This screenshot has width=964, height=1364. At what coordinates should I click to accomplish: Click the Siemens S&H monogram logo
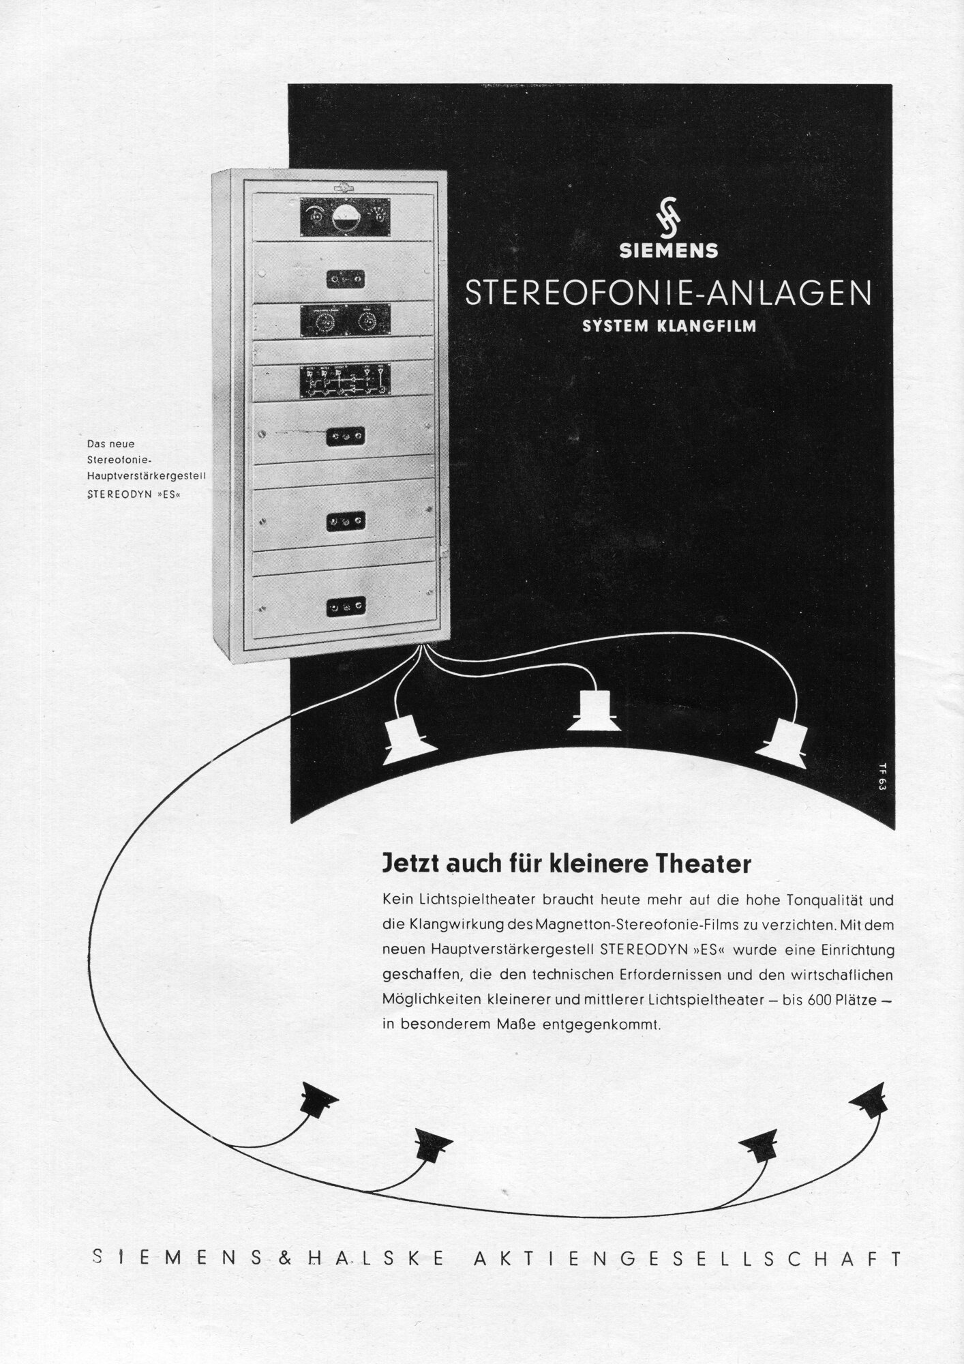pyautogui.click(x=667, y=220)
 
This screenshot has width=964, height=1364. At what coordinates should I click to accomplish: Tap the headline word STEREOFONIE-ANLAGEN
pyautogui.click(x=667, y=293)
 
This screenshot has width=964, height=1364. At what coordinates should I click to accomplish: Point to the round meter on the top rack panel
pyautogui.click(x=346, y=218)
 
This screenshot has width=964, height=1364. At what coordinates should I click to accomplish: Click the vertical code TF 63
pyautogui.click(x=882, y=776)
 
